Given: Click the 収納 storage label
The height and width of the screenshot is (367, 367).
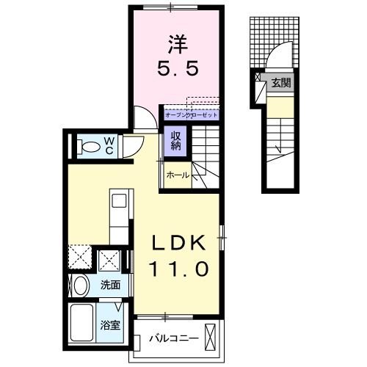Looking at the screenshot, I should tap(177, 139).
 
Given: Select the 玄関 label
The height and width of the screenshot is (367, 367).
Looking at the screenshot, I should tap(282, 83).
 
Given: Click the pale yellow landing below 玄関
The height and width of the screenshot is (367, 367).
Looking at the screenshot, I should tap(279, 107).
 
